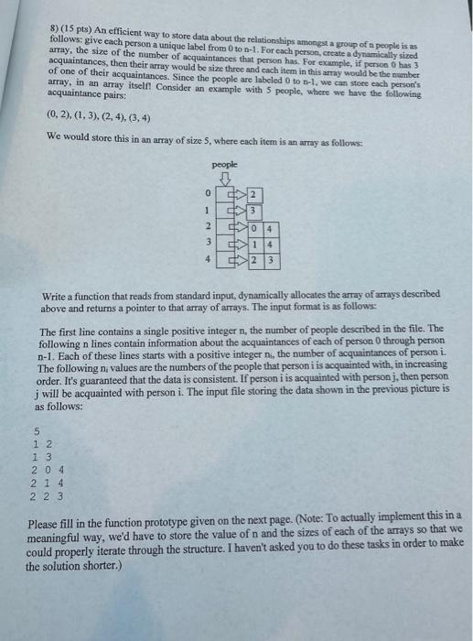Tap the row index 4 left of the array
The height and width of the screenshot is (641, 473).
(x=208, y=260)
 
